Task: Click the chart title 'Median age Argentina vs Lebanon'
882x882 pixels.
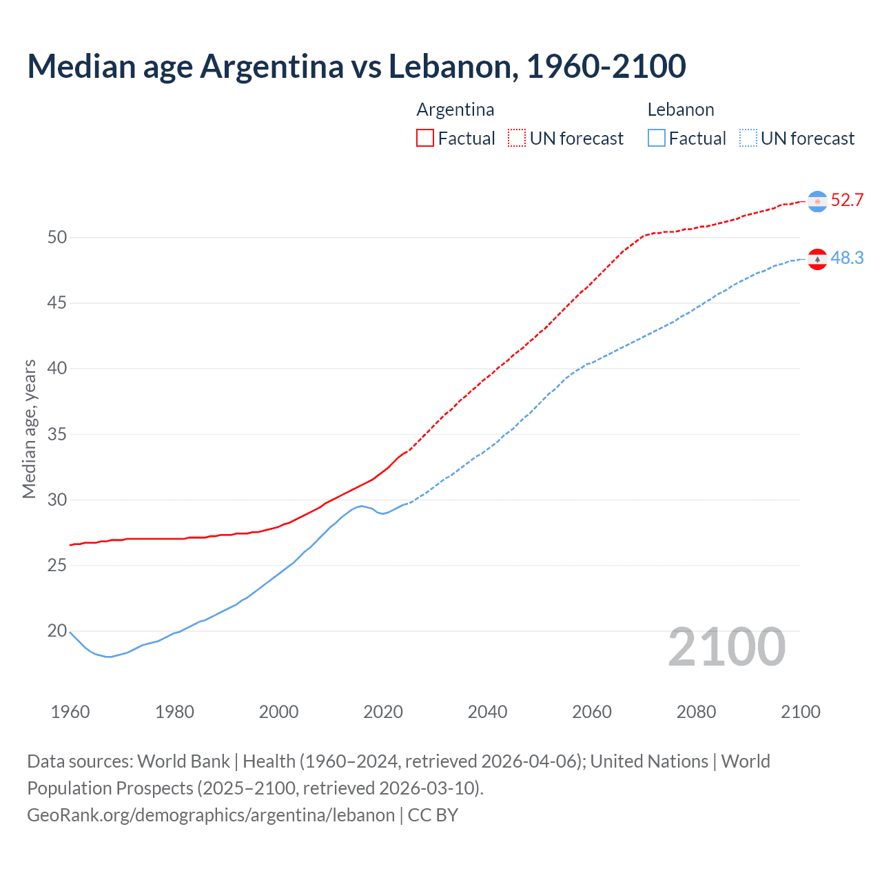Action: click(x=356, y=66)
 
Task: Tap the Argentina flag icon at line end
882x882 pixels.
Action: click(x=817, y=201)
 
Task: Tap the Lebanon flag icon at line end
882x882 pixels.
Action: click(x=817, y=259)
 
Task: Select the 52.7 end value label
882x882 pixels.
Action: click(x=847, y=201)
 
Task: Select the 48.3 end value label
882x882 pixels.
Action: click(x=847, y=258)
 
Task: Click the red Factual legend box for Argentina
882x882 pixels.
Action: click(x=425, y=139)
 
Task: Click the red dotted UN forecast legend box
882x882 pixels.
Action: click(x=517, y=139)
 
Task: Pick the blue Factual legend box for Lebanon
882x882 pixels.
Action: click(x=657, y=139)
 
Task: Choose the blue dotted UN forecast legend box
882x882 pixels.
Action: click(x=748, y=139)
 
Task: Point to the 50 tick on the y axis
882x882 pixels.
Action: click(x=57, y=238)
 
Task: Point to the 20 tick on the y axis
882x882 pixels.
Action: click(x=57, y=631)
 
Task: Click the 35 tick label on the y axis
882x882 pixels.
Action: click(x=57, y=435)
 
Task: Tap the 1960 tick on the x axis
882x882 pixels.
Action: click(x=70, y=712)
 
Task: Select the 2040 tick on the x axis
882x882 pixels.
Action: click(x=487, y=712)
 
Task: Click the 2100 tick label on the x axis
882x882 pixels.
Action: click(x=800, y=712)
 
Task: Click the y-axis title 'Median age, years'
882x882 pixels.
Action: click(x=29, y=429)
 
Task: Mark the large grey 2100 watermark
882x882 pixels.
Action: click(x=726, y=647)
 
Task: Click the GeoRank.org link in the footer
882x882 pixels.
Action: click(x=210, y=815)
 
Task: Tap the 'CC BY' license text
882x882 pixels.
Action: click(x=433, y=815)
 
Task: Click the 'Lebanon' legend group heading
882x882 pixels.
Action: click(x=680, y=110)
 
